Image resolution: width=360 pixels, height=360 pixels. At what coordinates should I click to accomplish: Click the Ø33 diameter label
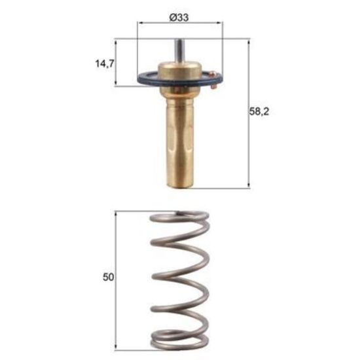[x=179, y=18]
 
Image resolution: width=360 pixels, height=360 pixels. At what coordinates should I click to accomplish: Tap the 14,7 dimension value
[x=105, y=63]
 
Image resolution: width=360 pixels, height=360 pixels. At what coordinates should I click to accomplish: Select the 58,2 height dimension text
[x=259, y=111]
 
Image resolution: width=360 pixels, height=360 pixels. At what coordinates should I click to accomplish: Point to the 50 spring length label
[x=108, y=277]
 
